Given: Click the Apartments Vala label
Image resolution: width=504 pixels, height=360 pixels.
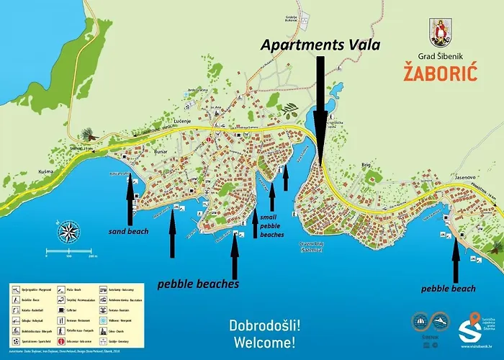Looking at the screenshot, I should (320, 44).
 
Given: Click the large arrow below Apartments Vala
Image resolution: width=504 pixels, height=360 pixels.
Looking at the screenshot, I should (319, 108).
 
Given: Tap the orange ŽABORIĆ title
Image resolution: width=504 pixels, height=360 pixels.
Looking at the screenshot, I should (445, 73).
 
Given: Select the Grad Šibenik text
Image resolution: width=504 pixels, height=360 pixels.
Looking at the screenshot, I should (444, 56).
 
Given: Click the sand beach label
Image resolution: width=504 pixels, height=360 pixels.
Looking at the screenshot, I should (128, 231).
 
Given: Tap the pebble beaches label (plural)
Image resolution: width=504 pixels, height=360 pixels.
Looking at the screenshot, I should (199, 284).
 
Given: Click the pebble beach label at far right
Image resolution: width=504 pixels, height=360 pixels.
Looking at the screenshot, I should (449, 289).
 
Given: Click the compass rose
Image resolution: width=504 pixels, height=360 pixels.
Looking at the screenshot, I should (70, 231).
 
